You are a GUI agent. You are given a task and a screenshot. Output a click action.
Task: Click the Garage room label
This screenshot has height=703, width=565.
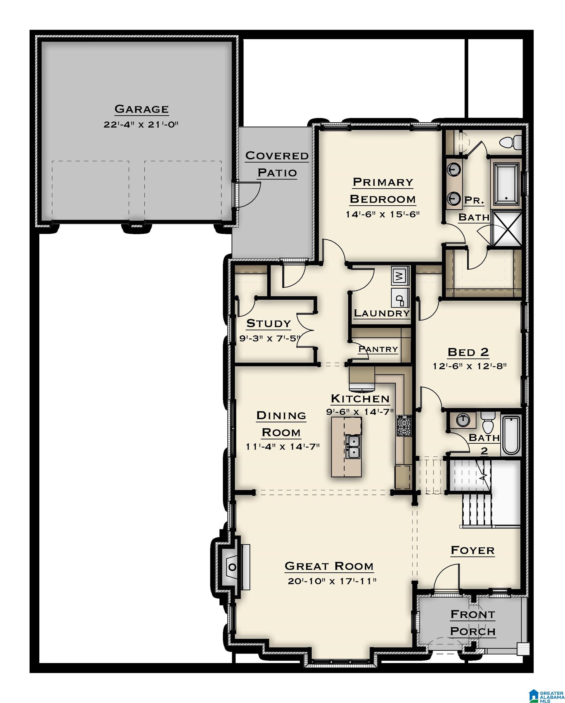pos(142,109)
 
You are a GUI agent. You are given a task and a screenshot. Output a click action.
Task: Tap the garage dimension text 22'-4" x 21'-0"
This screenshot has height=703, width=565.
pos(141,124)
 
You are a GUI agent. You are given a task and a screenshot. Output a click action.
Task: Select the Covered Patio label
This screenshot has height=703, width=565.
pos(277,164)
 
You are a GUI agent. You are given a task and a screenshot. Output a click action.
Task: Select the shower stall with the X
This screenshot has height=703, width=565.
pos(506,229)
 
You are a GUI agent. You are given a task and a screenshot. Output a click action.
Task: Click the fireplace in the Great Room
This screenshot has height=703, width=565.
pos(233,567)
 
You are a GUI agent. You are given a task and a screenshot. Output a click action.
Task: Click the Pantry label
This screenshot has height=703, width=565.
pos(378,349)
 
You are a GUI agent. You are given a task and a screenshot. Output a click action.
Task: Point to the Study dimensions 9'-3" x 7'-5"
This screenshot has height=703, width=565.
pos(269,338)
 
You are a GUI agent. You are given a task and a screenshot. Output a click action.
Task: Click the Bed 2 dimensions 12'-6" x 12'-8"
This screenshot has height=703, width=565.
pos(470,366)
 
